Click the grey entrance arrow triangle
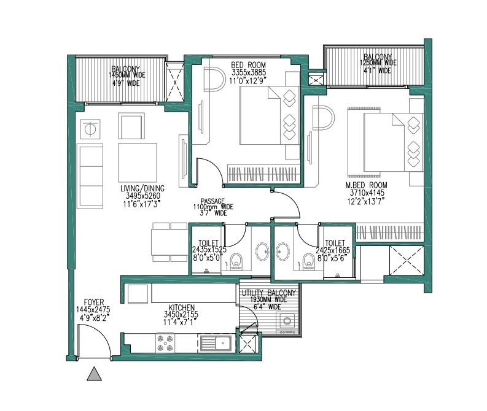95,374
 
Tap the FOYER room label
94,302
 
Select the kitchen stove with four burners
165,343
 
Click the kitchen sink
214,344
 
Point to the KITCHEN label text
180,307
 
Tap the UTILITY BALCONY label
269,293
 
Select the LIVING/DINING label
142,188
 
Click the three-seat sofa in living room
90,176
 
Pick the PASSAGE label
212,201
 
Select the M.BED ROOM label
367,185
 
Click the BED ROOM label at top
249,65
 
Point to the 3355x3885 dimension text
249,73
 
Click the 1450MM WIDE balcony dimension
127,75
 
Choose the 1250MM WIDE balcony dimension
378,63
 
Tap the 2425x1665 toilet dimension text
333,250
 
